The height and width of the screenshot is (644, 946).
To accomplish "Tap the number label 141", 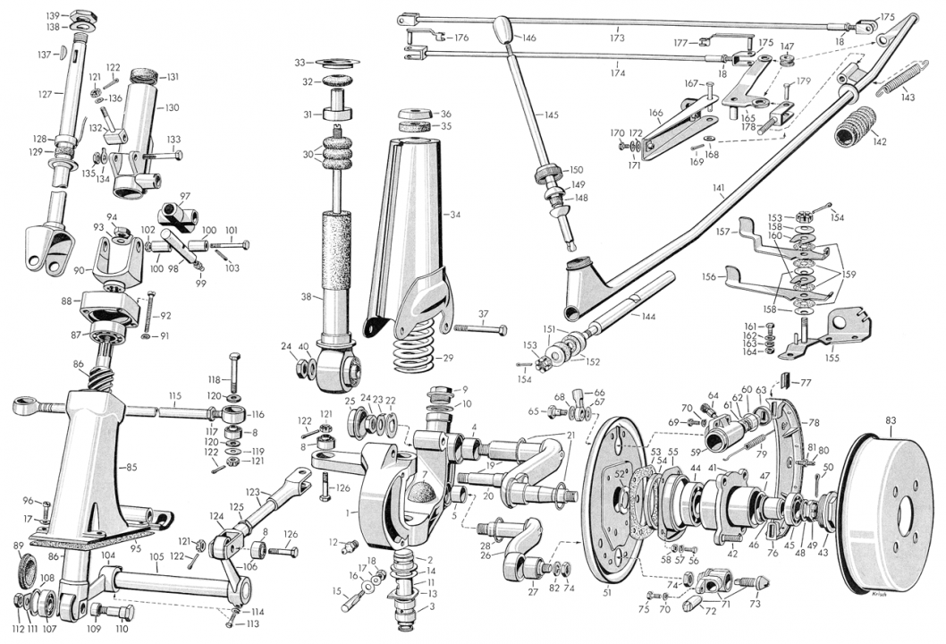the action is pyautogui.click(x=718, y=188).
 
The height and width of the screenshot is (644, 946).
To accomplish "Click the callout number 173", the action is pyautogui.click(x=617, y=38).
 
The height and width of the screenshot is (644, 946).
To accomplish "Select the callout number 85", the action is pyautogui.click(x=132, y=466).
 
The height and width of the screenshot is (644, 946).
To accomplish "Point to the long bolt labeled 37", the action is pyautogui.click(x=479, y=329).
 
